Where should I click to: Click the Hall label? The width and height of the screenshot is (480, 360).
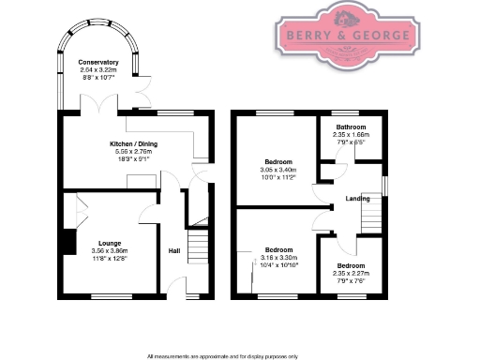174,251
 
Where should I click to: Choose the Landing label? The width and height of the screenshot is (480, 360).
357,199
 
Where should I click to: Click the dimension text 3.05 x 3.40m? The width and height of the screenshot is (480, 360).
277,170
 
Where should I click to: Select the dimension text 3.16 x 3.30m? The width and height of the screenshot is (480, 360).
277,257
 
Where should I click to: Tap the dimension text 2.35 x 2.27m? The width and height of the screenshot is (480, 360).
352,274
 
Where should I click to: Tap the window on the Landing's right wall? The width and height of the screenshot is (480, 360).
383,180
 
